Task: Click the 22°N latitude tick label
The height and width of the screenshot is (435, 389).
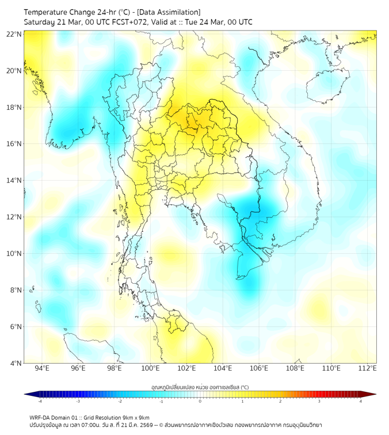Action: click(x=14, y=34)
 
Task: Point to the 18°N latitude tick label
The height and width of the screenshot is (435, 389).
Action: click(x=14, y=107)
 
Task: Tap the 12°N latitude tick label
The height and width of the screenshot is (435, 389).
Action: click(x=14, y=217)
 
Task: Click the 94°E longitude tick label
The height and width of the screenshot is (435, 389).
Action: click(x=42, y=369)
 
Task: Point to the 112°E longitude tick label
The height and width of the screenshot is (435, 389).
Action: click(x=367, y=369)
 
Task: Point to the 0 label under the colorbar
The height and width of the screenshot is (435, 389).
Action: click(x=200, y=400)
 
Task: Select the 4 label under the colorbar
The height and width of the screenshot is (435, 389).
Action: click(x=360, y=400)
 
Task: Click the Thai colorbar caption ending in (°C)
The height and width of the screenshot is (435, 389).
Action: click(x=200, y=387)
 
